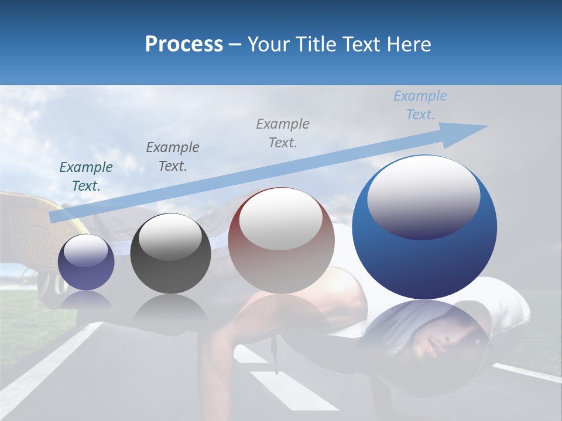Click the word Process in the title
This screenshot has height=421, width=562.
(184, 44)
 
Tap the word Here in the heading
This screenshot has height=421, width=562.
(408, 44)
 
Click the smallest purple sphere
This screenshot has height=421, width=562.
(86, 263)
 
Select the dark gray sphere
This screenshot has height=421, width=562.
(170, 254)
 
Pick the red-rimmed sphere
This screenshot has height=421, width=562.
(281, 241)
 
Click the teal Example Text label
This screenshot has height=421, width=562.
(86, 177)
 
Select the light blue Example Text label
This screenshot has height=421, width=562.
(420, 105)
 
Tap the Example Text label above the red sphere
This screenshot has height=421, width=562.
(283, 133)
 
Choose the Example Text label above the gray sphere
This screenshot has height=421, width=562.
(172, 157)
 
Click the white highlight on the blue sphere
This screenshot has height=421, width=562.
(424, 196)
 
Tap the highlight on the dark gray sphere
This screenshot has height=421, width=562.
(170, 237)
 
